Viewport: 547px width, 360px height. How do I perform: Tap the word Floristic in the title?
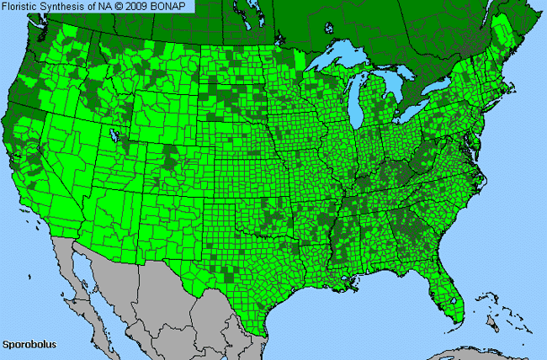pyautogui.click(x=22, y=7)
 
